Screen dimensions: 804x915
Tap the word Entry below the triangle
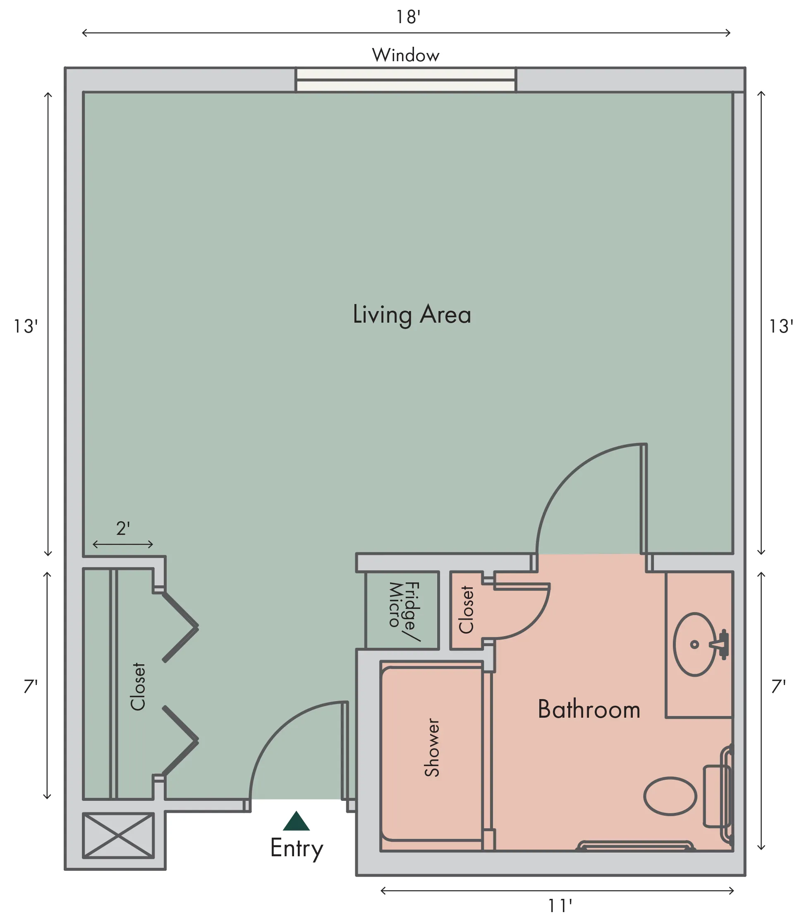pyautogui.click(x=297, y=849)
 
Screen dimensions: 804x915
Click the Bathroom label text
pyautogui.click(x=589, y=709)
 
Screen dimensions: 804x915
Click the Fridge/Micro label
pyautogui.click(x=404, y=611)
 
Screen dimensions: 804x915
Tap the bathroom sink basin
pyautogui.click(x=694, y=644)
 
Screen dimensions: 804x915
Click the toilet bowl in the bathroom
pyautogui.click(x=670, y=796)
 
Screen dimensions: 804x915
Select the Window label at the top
pyautogui.click(x=406, y=55)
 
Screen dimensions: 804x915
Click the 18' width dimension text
pyautogui.click(x=408, y=17)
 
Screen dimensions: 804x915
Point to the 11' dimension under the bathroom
pyautogui.click(x=560, y=905)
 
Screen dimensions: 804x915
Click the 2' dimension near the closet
pyautogui.click(x=123, y=529)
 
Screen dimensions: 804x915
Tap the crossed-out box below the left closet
pyautogui.click(x=118, y=835)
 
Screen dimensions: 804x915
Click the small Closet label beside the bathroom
pyautogui.click(x=466, y=610)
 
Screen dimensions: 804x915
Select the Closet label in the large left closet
pyautogui.click(x=137, y=687)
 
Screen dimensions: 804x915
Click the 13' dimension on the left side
pyautogui.click(x=26, y=326)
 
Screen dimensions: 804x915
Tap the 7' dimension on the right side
pyautogui.click(x=778, y=686)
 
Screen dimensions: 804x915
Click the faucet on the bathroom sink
pyautogui.click(x=720, y=644)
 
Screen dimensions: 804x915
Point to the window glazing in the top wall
pyautogui.click(x=406, y=80)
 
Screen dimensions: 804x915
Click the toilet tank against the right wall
pyautogui.click(x=716, y=796)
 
